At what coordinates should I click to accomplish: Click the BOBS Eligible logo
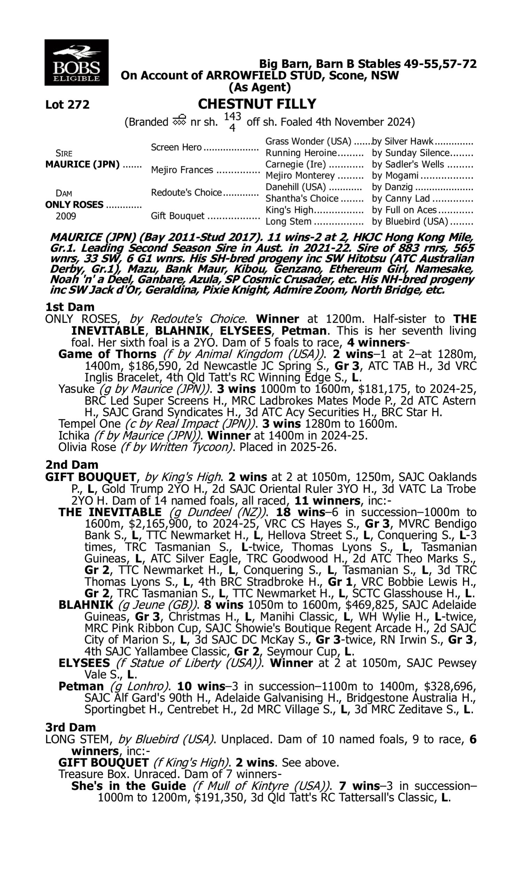76,62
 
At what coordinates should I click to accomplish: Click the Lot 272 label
67,104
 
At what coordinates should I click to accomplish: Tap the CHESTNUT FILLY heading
257,104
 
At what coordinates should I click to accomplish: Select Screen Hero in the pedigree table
176,147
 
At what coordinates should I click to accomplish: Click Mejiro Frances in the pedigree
182,170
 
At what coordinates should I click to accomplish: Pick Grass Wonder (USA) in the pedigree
308,141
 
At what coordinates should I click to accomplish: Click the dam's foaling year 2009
66,216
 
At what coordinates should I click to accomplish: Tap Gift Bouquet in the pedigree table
177,215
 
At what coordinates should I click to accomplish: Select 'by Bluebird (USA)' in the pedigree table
410,222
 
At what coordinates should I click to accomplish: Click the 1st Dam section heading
70,307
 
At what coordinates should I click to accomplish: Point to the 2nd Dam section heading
71,465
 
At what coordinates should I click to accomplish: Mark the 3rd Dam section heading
70,727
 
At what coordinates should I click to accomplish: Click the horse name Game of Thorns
107,354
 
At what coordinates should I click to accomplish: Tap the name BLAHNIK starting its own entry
86,605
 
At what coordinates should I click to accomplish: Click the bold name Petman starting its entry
81,686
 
